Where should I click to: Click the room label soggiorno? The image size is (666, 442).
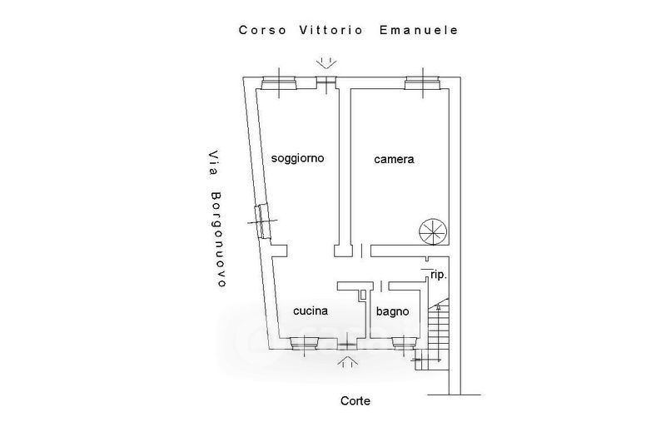pyautogui.click(x=297, y=159)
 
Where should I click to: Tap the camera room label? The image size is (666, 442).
pyautogui.click(x=394, y=159)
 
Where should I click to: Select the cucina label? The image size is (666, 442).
pyautogui.click(x=311, y=310)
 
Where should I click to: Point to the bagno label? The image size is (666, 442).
pyautogui.click(x=392, y=311)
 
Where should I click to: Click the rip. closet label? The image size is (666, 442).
pyautogui.click(x=439, y=276)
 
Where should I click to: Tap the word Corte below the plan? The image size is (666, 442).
pyautogui.click(x=355, y=401)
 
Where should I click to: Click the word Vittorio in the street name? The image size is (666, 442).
pyautogui.click(x=331, y=30)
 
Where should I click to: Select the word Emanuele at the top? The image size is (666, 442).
pyautogui.click(x=419, y=30)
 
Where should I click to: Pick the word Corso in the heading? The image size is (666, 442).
pyautogui.click(x=262, y=30)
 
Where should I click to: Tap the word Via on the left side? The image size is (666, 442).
pyautogui.click(x=214, y=163)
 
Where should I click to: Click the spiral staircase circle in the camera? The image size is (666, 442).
pyautogui.click(x=433, y=232)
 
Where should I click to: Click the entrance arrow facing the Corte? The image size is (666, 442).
pyautogui.click(x=347, y=362)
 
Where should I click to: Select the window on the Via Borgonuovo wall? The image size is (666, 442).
pyautogui.click(x=263, y=221)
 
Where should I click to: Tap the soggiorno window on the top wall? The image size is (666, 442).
pyautogui.click(x=278, y=83)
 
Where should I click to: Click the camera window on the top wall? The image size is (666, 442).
pyautogui.click(x=422, y=83)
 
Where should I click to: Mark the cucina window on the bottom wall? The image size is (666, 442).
pyautogui.click(x=305, y=344)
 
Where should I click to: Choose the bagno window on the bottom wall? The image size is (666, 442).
pyautogui.click(x=404, y=343)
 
